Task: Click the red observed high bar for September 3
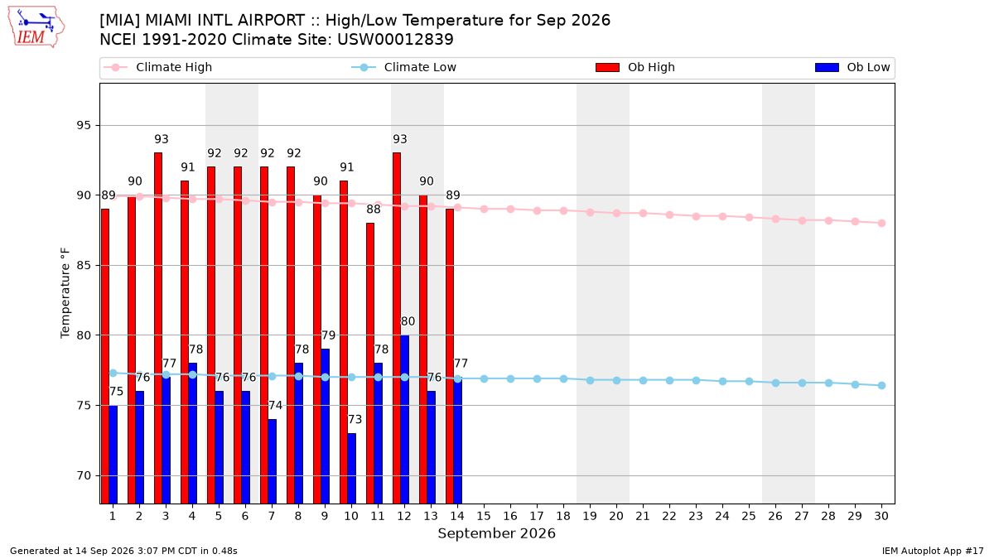point(158,328)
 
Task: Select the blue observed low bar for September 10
point(351,469)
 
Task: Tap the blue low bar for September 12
point(405,419)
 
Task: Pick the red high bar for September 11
point(370,364)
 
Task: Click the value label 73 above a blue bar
point(355,419)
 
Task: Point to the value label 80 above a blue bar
point(408,321)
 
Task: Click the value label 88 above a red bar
point(374,209)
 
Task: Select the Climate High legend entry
point(157,67)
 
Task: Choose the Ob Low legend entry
point(852,67)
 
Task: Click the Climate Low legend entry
point(403,67)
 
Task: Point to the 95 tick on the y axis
point(84,126)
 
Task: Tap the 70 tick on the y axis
point(84,475)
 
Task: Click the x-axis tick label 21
point(643,516)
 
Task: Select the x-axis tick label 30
point(881,516)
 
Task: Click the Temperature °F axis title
point(65,293)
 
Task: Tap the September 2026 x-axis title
point(496,533)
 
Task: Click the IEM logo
point(36,27)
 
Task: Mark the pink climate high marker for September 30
point(881,223)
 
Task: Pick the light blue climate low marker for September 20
point(616,381)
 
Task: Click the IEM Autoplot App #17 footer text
point(933,551)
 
